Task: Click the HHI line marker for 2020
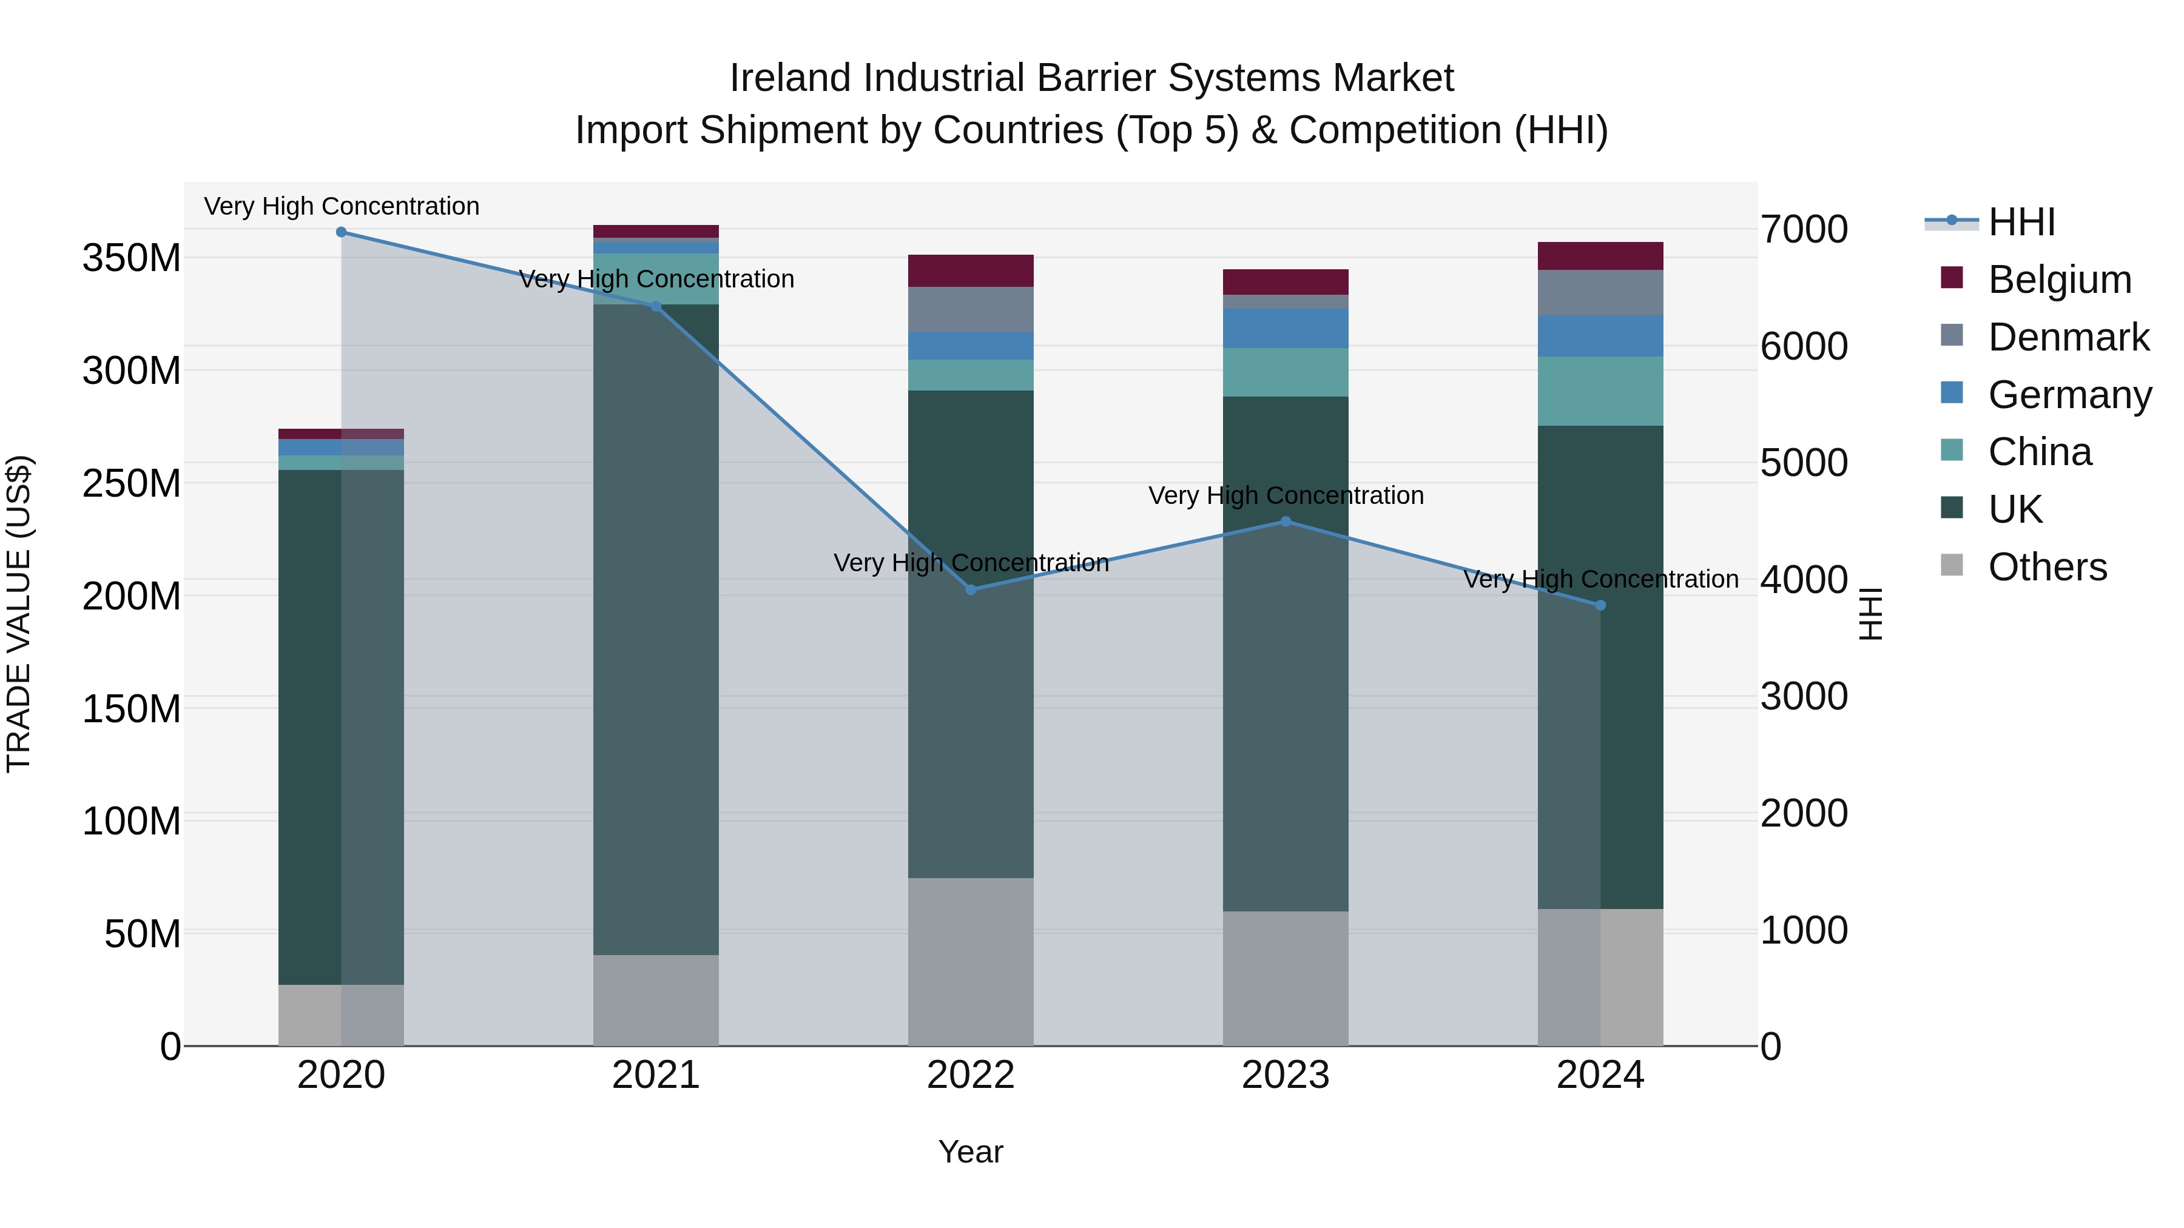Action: click(x=341, y=232)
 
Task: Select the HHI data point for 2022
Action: click(x=971, y=590)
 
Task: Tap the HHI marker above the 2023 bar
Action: click(x=1286, y=522)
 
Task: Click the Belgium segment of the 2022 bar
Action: click(x=971, y=271)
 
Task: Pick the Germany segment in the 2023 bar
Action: click(x=1286, y=329)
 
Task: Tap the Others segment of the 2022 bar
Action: click(x=971, y=962)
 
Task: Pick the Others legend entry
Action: click(x=2047, y=567)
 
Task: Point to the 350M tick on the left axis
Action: click(x=132, y=258)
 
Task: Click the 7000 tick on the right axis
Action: click(x=1804, y=230)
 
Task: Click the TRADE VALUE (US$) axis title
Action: click(x=19, y=614)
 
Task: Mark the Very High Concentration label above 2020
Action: click(x=342, y=206)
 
